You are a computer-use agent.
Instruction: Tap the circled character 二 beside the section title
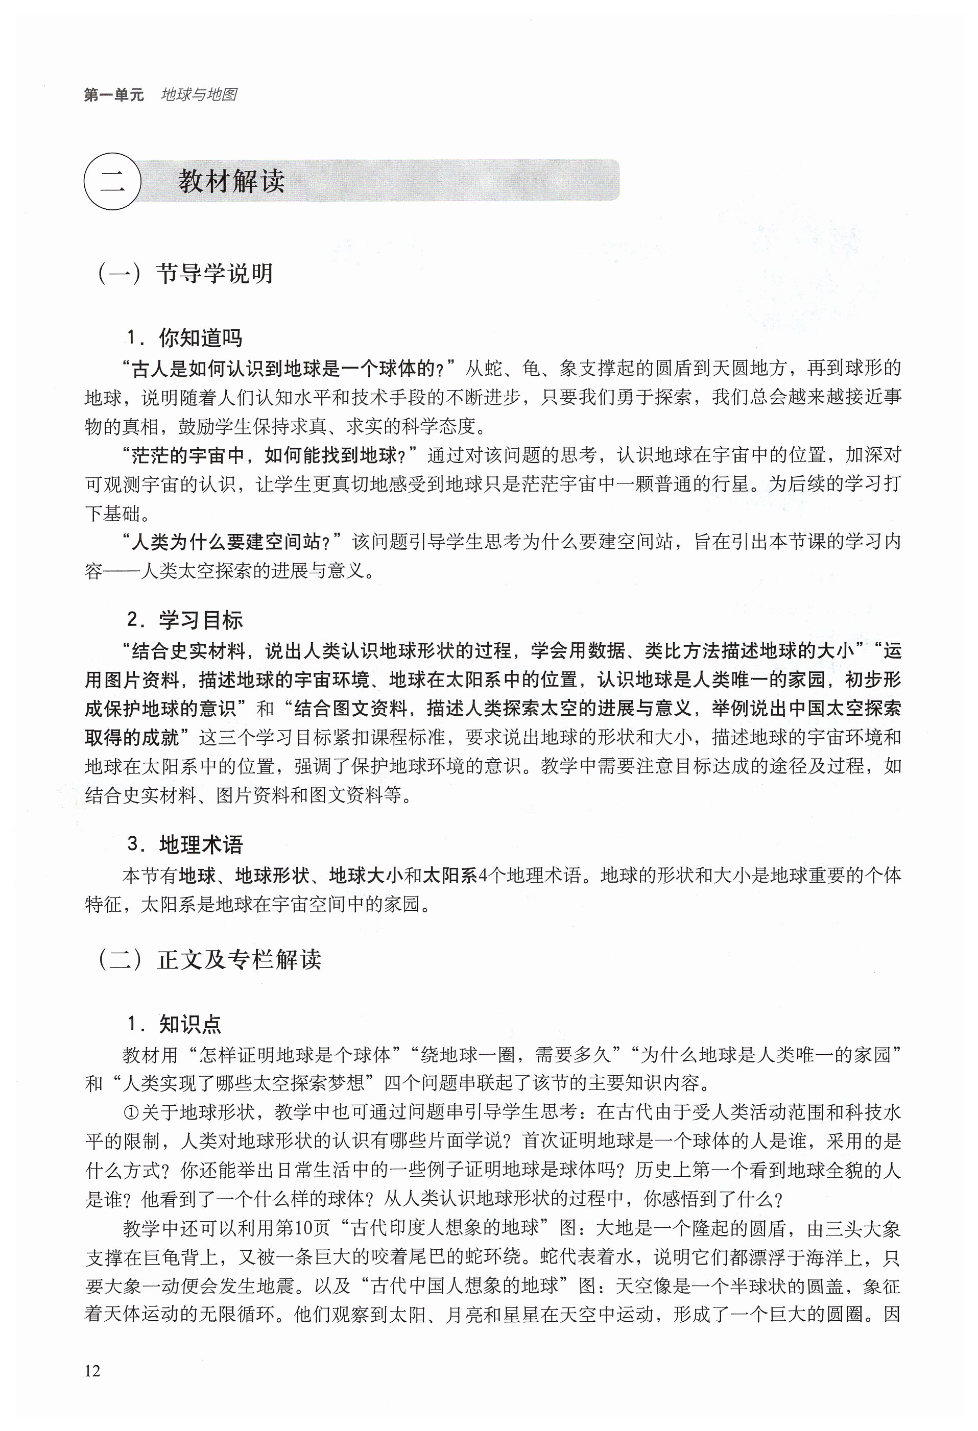[x=113, y=182]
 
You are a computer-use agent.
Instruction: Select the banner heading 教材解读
[x=231, y=182]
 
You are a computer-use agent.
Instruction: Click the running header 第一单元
[x=113, y=95]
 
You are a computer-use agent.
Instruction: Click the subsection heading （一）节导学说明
[x=184, y=274]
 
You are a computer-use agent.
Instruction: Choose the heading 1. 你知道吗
[x=185, y=337]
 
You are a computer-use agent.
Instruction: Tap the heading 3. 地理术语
[x=185, y=844]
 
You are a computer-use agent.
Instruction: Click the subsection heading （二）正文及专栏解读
[x=209, y=959]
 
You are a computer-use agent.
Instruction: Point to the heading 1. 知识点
[x=174, y=1024]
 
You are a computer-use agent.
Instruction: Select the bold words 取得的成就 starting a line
[x=132, y=737]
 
